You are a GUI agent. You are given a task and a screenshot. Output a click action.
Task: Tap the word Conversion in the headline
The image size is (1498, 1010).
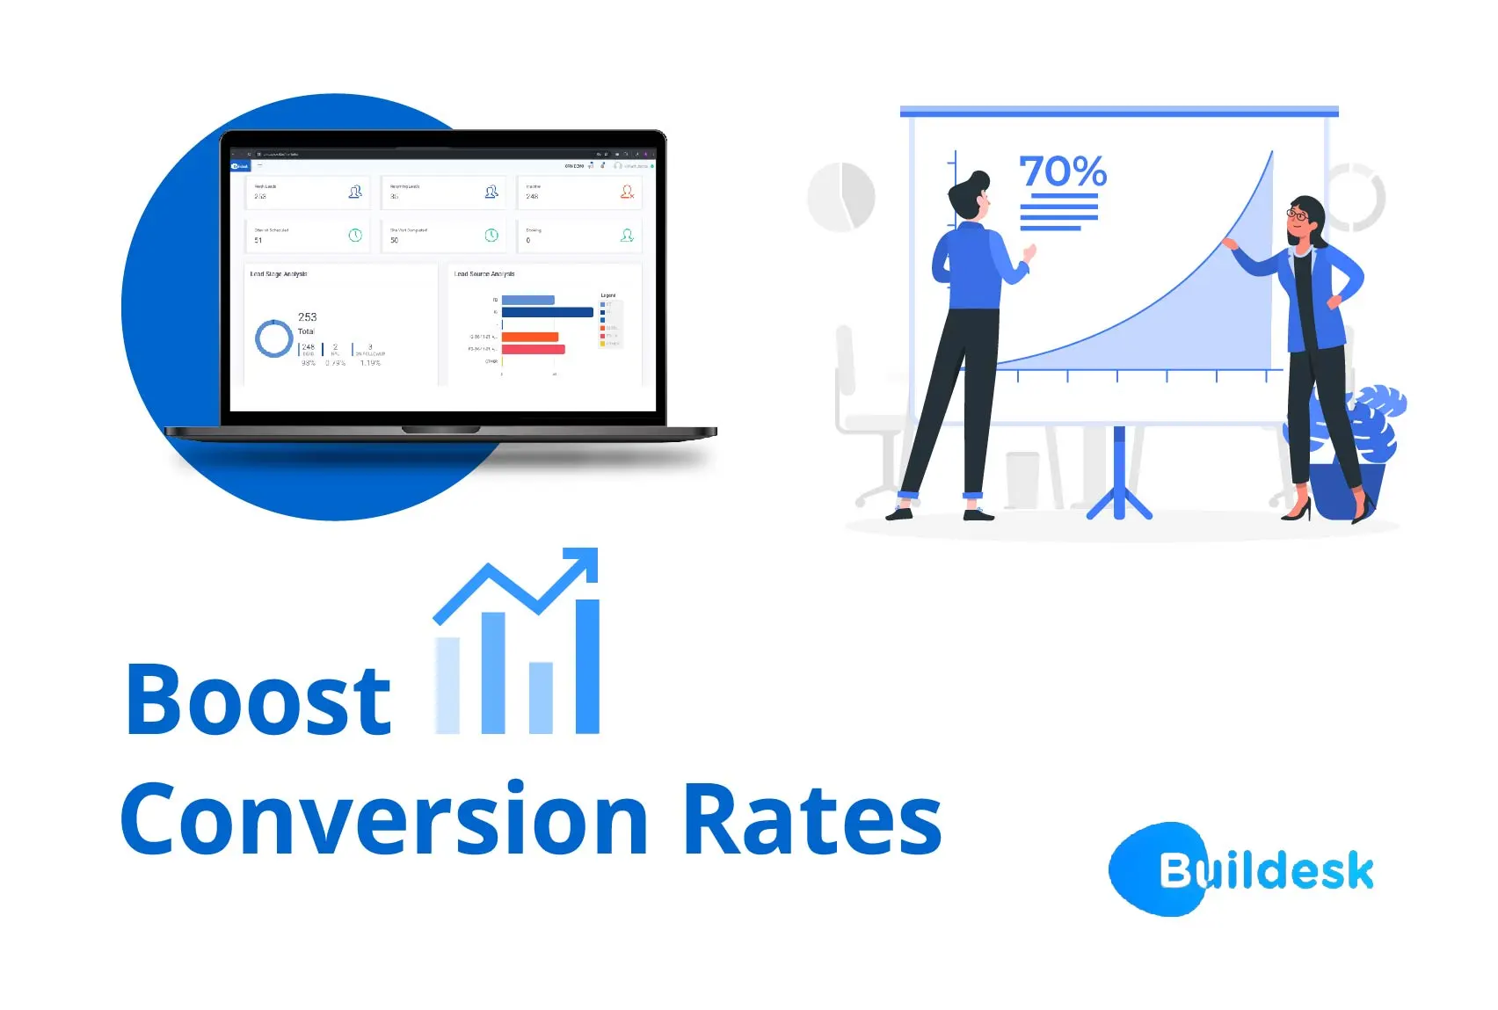pyautogui.click(x=384, y=819)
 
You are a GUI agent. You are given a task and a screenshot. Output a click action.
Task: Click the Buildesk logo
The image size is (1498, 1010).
pyautogui.click(x=1241, y=869)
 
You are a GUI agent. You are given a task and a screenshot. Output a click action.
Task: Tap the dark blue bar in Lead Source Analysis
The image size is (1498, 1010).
pyautogui.click(x=547, y=312)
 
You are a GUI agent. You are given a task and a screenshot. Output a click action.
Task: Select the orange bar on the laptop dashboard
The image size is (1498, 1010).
pyautogui.click(x=529, y=337)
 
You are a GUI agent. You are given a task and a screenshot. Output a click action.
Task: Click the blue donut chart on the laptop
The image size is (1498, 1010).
pyautogui.click(x=273, y=338)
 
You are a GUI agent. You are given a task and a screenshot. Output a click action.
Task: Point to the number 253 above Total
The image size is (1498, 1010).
pyautogui.click(x=307, y=316)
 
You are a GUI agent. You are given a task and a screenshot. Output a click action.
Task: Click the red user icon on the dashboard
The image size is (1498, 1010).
pyautogui.click(x=627, y=191)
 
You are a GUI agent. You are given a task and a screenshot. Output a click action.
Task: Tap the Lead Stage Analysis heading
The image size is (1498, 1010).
pyautogui.click(x=279, y=274)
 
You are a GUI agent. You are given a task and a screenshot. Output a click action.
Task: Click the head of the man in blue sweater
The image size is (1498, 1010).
pyautogui.click(x=970, y=195)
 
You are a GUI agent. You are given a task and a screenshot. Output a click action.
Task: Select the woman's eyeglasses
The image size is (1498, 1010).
pyautogui.click(x=1297, y=214)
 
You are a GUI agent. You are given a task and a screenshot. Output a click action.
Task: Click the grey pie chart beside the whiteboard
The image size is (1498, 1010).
pyautogui.click(x=841, y=197)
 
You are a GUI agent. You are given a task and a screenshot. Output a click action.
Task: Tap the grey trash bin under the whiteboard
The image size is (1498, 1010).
pyautogui.click(x=1022, y=479)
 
